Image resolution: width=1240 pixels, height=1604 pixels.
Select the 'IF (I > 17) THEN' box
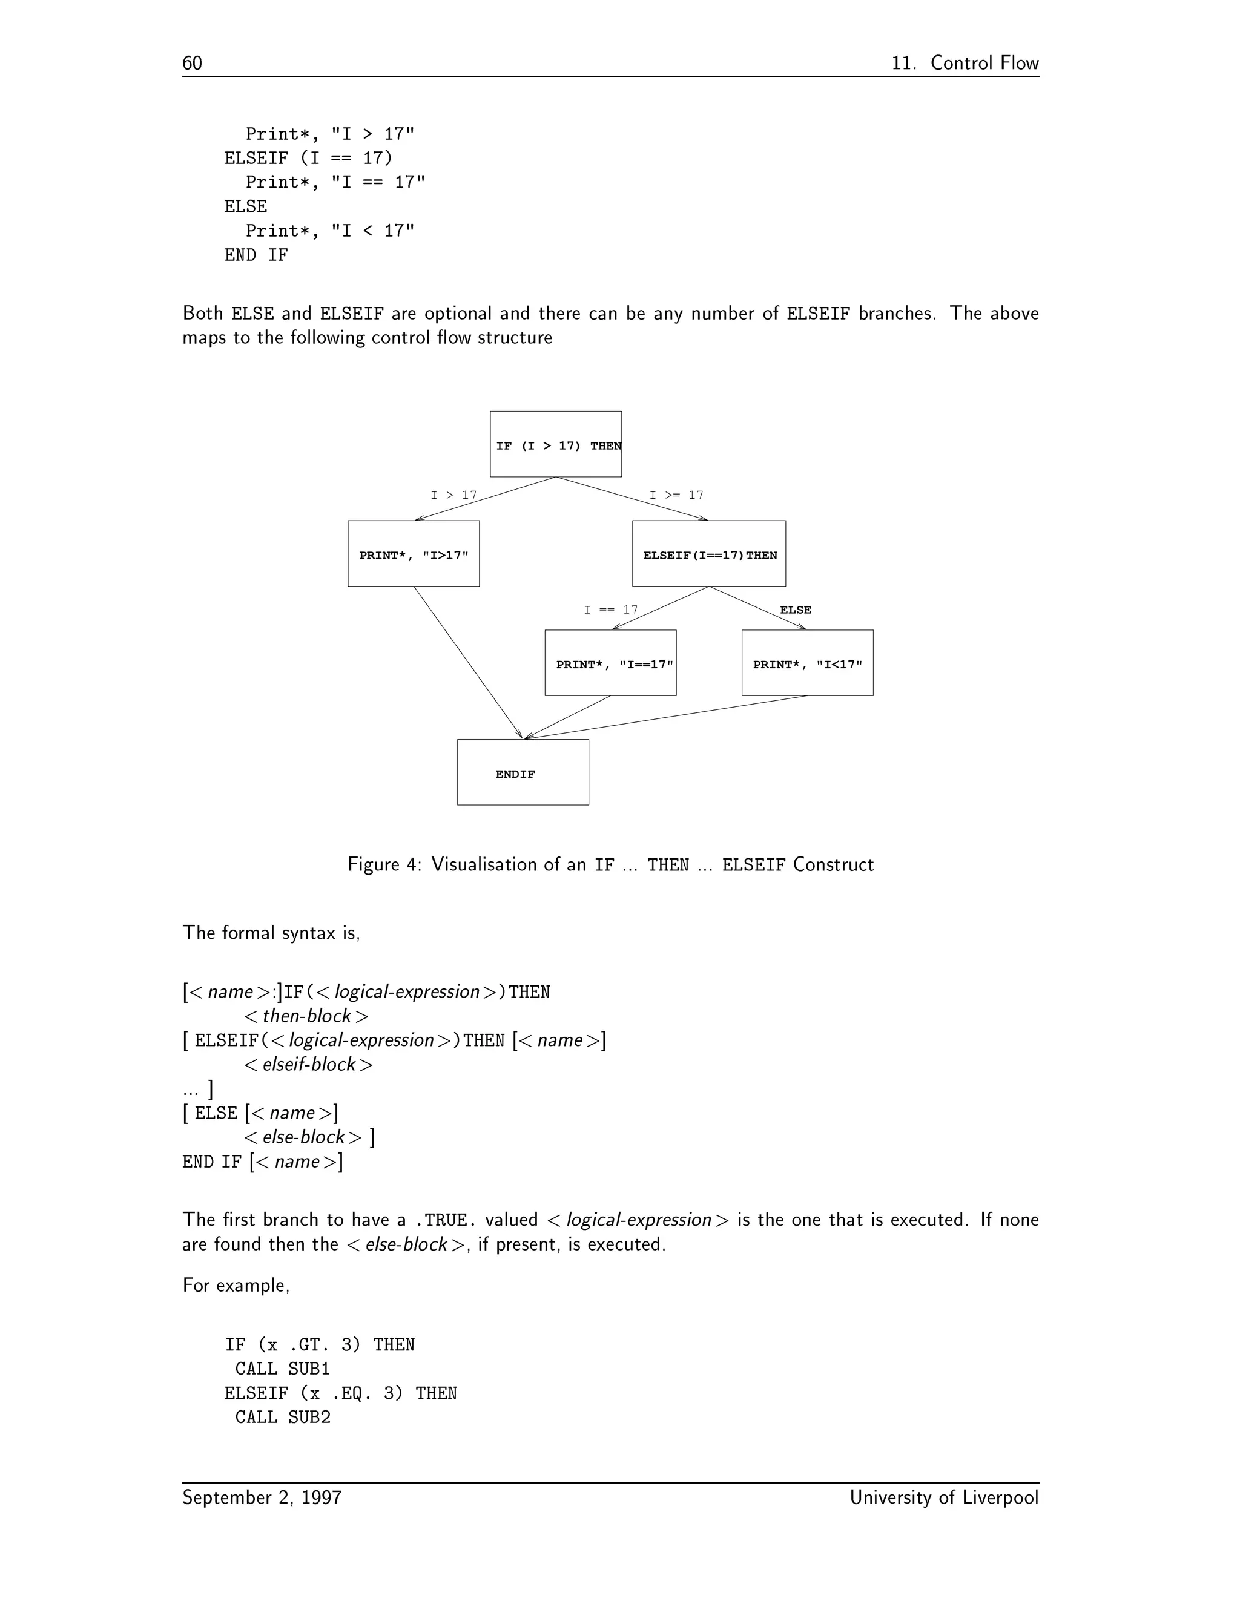point(555,444)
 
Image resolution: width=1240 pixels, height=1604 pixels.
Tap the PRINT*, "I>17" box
point(414,554)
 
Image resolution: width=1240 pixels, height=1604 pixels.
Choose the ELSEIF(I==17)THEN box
point(709,554)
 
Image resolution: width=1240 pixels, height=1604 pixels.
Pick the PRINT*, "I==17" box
point(610,663)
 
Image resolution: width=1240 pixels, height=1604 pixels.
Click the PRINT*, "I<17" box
point(807,663)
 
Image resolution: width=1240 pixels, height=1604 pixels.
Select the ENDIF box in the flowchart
point(523,772)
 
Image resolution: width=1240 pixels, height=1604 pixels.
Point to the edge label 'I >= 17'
point(676,495)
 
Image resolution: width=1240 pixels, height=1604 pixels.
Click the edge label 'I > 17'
point(453,495)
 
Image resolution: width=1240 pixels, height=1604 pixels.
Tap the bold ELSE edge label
point(796,610)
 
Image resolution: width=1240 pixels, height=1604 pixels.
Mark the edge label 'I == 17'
point(610,610)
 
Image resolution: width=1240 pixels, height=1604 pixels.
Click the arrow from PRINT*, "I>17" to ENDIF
point(467,662)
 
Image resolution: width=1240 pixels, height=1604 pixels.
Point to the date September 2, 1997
point(262,1497)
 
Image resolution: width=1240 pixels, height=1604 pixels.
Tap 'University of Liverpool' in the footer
point(944,1497)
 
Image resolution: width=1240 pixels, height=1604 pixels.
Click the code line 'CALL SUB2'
point(283,1418)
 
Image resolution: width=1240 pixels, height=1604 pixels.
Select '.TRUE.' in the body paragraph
point(445,1221)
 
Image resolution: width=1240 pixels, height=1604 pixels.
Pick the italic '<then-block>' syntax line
point(306,1016)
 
